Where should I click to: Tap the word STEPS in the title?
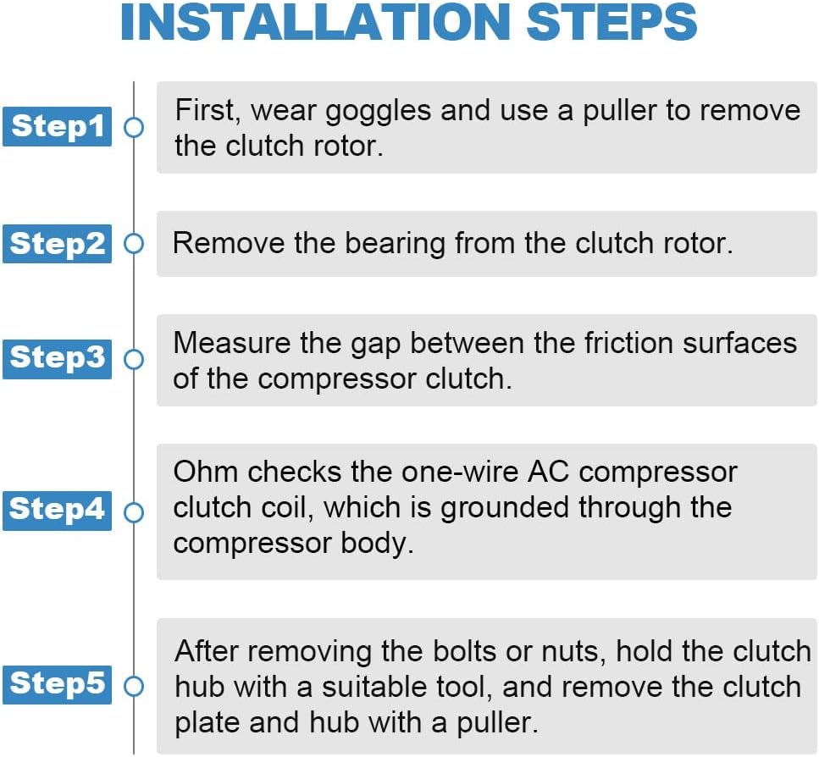coord(611,22)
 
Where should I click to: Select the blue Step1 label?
coord(57,126)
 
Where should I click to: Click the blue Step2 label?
coord(57,243)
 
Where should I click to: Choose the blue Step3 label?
coord(57,359)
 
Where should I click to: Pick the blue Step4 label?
coord(57,511)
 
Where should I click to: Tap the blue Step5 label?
coord(57,684)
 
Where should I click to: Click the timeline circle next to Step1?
coord(134,127)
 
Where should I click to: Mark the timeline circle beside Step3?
coord(134,359)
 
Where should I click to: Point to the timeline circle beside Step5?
coord(134,686)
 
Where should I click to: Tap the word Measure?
coord(232,344)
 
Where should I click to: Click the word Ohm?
coord(206,472)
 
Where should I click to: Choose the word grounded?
coord(505,508)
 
